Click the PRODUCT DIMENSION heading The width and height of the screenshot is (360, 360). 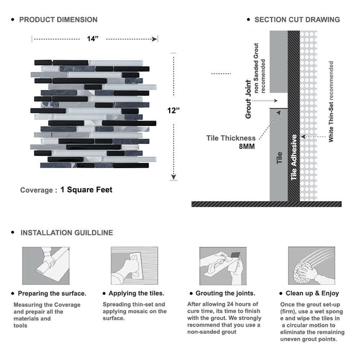[x=58, y=20]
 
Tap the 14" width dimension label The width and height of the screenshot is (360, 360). [x=93, y=39]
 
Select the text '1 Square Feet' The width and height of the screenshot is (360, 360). [x=86, y=190]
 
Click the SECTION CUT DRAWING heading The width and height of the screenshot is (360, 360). [x=297, y=20]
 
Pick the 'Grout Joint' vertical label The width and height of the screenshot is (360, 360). [x=248, y=99]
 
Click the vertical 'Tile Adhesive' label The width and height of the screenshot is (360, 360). [x=294, y=157]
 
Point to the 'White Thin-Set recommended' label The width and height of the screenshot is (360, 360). [x=331, y=101]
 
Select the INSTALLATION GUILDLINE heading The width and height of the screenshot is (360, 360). [x=66, y=232]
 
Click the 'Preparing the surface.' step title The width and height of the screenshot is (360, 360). [x=52, y=293]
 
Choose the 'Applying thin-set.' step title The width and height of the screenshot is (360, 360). [x=137, y=293]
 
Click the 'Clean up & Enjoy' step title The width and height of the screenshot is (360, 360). [x=313, y=293]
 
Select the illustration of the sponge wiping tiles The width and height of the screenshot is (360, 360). [x=311, y=266]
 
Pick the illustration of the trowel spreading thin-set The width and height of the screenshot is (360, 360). [x=134, y=266]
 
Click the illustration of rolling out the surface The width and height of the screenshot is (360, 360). [x=45, y=266]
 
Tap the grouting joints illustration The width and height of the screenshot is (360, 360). [x=222, y=266]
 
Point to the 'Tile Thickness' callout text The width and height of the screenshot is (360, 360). [x=230, y=138]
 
